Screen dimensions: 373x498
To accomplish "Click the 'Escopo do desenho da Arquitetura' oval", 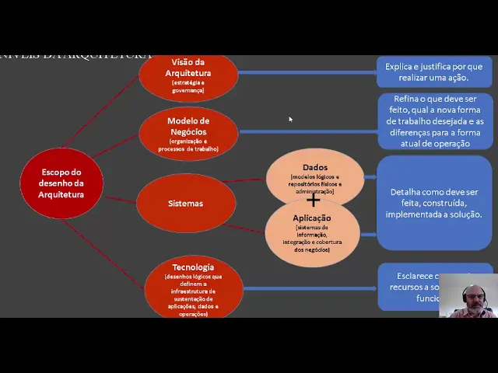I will [x=61, y=183].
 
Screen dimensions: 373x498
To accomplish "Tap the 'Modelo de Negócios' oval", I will [x=188, y=133].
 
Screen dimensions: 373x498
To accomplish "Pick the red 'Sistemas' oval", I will [x=185, y=204].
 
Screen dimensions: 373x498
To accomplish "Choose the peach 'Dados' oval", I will [x=315, y=176].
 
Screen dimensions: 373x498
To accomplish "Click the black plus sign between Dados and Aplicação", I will [x=313, y=201].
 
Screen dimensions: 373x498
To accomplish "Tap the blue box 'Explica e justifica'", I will [x=433, y=72].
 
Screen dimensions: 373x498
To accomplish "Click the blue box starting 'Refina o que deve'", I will [x=433, y=121].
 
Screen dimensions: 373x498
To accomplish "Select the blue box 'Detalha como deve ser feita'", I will [x=433, y=203].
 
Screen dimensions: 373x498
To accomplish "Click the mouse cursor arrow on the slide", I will [x=290, y=119].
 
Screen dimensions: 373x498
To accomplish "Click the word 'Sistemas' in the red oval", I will [x=185, y=204].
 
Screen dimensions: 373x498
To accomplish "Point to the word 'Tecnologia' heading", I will [x=193, y=267].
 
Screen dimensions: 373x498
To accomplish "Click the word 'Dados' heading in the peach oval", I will [x=315, y=167].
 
